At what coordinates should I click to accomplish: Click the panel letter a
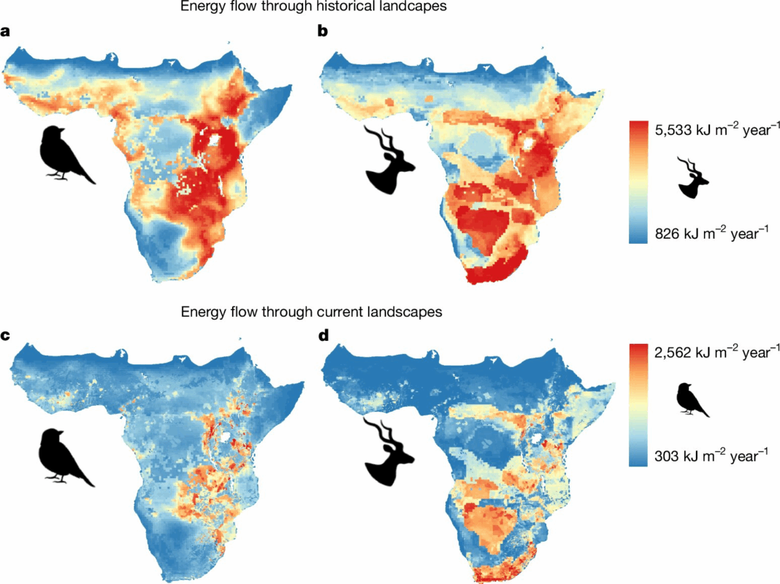[7, 31]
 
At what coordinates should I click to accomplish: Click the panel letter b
[322, 31]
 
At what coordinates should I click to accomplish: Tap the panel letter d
[323, 336]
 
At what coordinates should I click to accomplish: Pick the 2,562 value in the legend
[676, 353]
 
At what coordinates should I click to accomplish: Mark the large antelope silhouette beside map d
[389, 453]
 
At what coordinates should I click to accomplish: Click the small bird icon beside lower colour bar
[692, 399]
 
